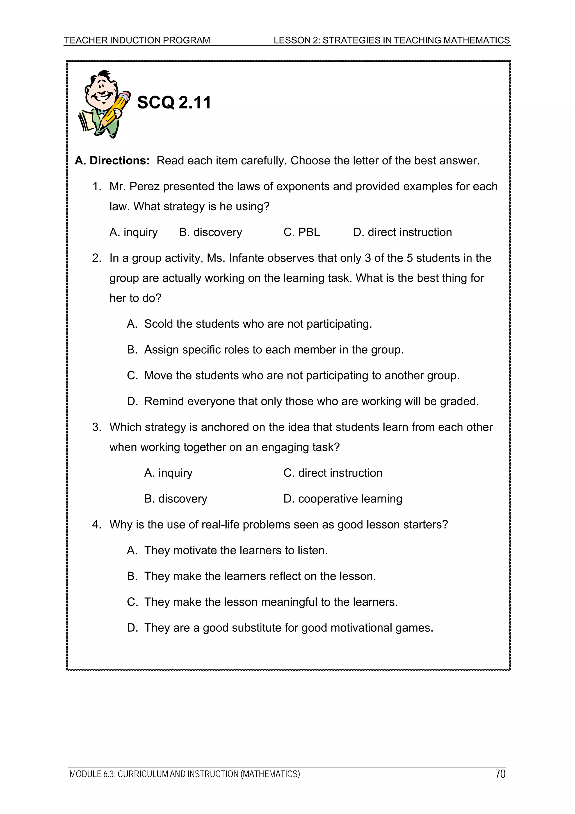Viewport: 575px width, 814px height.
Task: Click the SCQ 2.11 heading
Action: click(174, 103)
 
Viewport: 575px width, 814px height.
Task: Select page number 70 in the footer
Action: click(500, 774)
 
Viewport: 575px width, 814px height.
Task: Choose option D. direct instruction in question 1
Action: click(402, 232)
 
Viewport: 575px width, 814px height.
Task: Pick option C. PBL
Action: click(302, 232)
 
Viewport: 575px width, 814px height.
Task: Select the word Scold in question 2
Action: click(158, 324)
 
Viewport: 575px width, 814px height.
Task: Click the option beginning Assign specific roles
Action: click(273, 350)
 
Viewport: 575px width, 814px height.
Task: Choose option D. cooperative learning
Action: click(343, 499)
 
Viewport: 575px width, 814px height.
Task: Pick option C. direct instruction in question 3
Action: click(333, 473)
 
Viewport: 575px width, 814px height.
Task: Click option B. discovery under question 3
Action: click(175, 499)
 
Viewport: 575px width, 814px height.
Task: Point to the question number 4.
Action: click(96, 525)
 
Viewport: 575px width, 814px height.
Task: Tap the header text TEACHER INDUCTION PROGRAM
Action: click(137, 40)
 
